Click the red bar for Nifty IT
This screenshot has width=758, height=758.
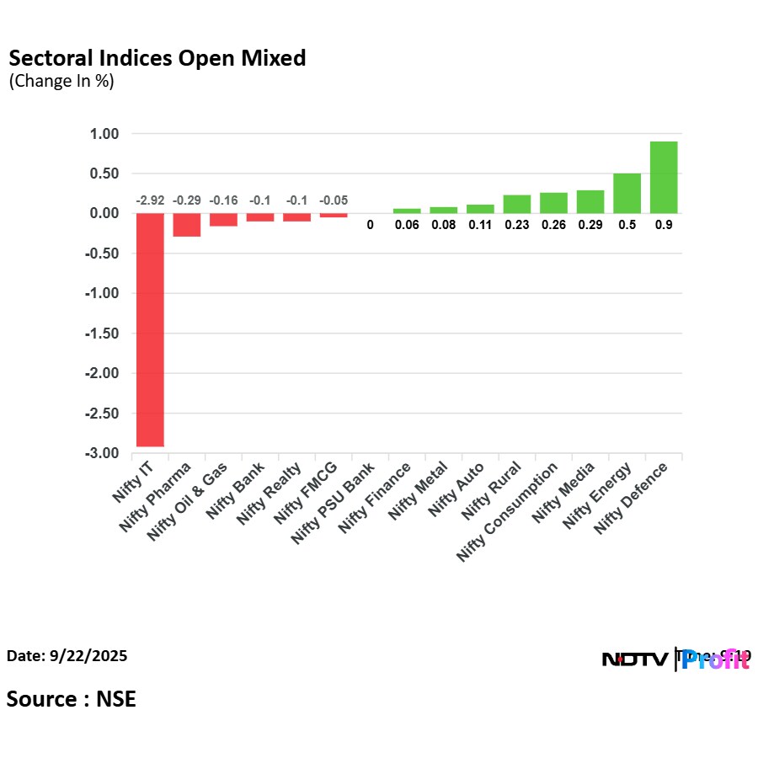pyautogui.click(x=151, y=329)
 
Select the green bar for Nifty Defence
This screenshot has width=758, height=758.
pyautogui.click(x=664, y=177)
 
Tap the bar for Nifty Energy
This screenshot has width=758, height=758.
pyautogui.click(x=627, y=193)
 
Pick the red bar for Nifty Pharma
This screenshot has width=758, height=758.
pyautogui.click(x=187, y=225)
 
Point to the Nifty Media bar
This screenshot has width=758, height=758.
pyautogui.click(x=590, y=201)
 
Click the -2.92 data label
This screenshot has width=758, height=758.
pyautogui.click(x=151, y=200)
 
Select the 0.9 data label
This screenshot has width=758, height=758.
pyautogui.click(x=664, y=225)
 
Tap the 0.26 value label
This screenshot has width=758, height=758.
pyautogui.click(x=553, y=225)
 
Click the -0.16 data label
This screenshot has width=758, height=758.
pyautogui.click(x=223, y=200)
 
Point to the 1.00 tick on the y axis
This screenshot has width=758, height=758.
pyautogui.click(x=104, y=134)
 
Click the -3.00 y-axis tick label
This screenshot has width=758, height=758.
pyautogui.click(x=102, y=453)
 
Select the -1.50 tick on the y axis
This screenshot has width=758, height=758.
pyautogui.click(x=102, y=334)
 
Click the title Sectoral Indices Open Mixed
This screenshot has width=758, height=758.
pyautogui.click(x=157, y=58)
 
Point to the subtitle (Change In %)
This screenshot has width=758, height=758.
pyautogui.click(x=61, y=82)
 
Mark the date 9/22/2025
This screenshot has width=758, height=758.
pyautogui.click(x=67, y=655)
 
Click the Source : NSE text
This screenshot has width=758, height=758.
pyautogui.click(x=71, y=699)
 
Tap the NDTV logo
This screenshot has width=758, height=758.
pyautogui.click(x=636, y=659)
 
